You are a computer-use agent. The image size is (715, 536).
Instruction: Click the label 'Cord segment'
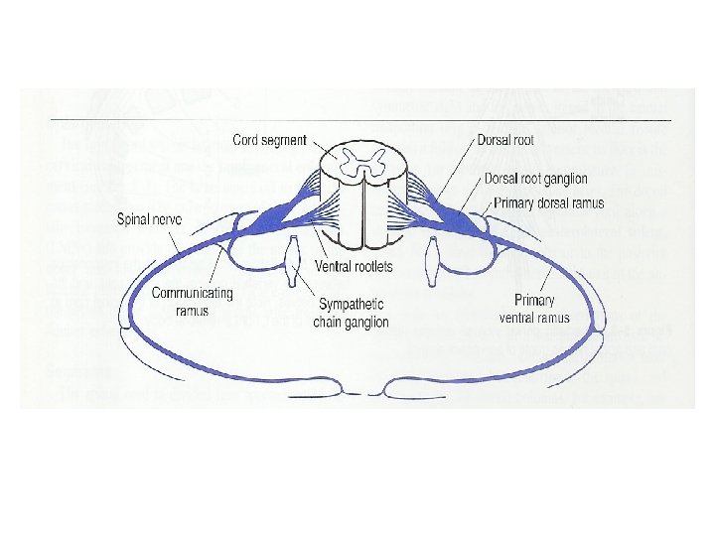269,140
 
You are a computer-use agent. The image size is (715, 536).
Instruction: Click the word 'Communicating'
193,293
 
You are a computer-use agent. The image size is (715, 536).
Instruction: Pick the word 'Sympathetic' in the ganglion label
352,305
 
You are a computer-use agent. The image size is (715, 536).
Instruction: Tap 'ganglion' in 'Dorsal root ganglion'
559,179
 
